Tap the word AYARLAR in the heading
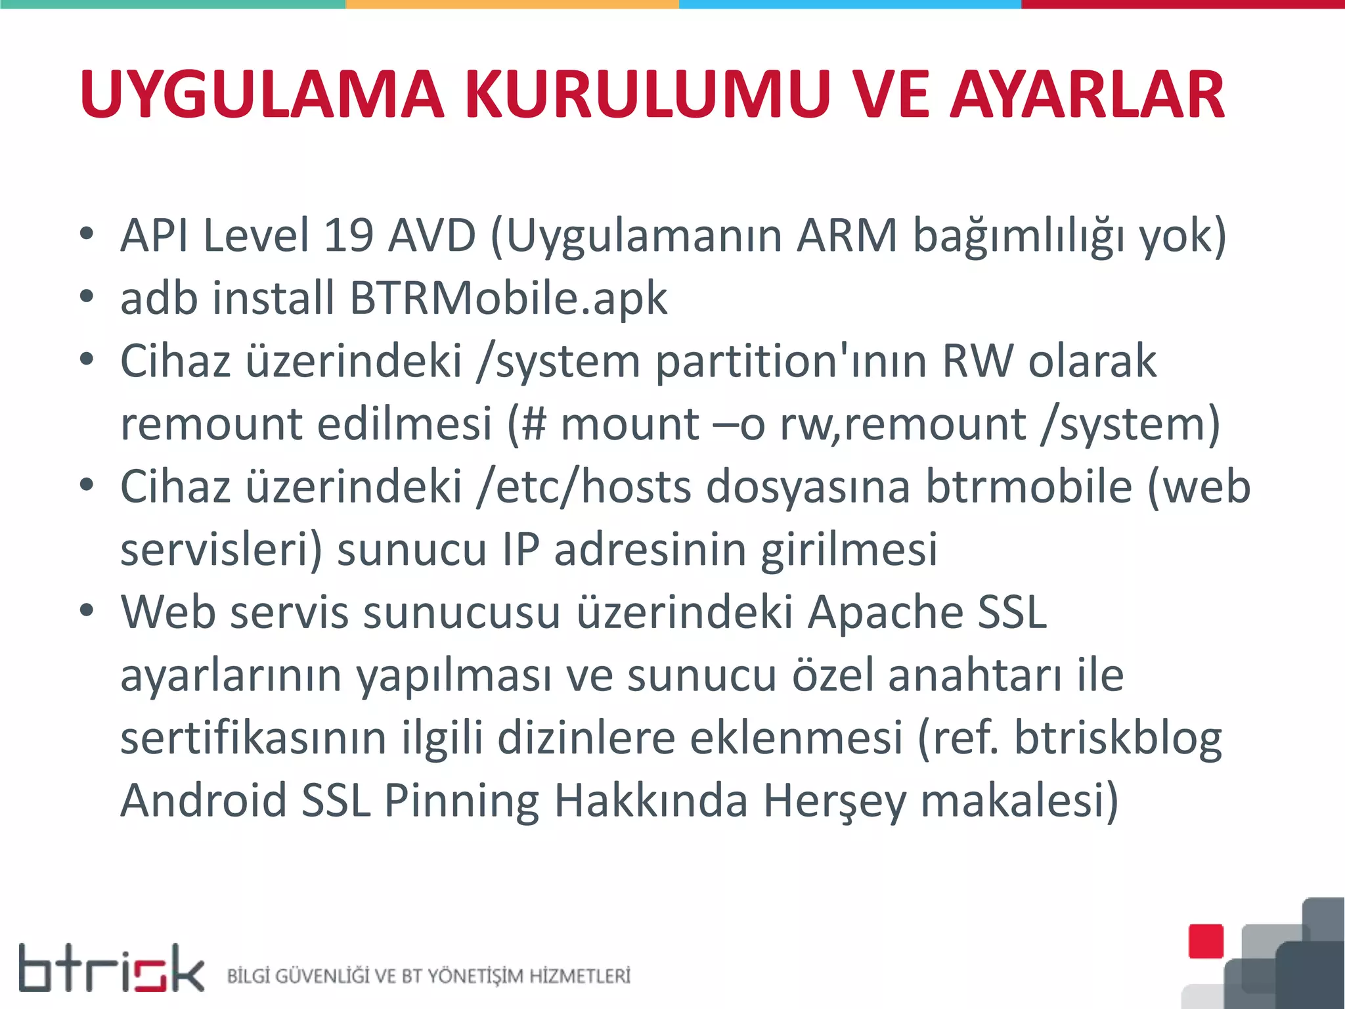pyautogui.click(x=1088, y=95)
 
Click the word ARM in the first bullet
pyautogui.click(x=847, y=235)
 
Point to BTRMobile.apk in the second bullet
pyautogui.click(x=508, y=298)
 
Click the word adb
pyautogui.click(x=159, y=298)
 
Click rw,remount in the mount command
pyautogui.click(x=903, y=424)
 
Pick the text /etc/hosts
pyautogui.click(x=584, y=487)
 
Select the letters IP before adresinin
pyautogui.click(x=521, y=549)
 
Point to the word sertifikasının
pyautogui.click(x=254, y=738)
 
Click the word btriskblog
pyautogui.click(x=1118, y=738)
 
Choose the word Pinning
pyautogui.click(x=461, y=801)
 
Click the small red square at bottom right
pyautogui.click(x=1206, y=941)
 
